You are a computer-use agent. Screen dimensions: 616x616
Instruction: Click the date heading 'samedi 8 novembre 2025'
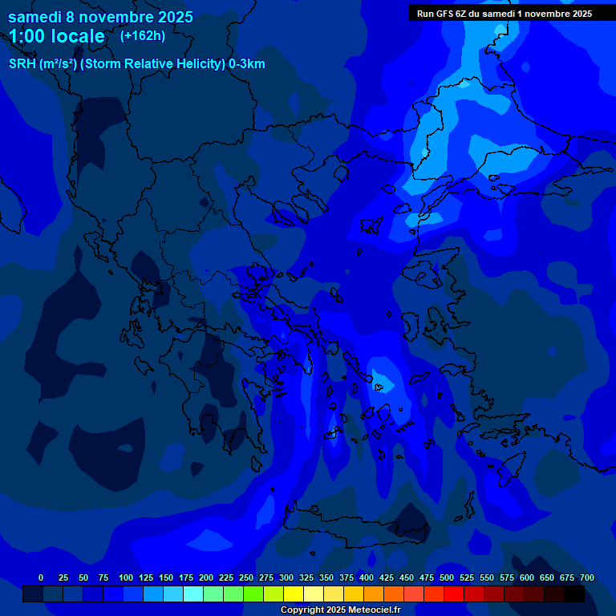pyautogui.click(x=100, y=16)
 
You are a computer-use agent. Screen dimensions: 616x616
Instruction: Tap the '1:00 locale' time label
pyautogui.click(x=57, y=36)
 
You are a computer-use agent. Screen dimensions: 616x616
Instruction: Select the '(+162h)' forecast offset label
pyautogui.click(x=142, y=35)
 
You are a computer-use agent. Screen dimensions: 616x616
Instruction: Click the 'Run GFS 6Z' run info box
pyautogui.click(x=504, y=14)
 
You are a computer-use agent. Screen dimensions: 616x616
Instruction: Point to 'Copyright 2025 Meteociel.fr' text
pyautogui.click(x=340, y=610)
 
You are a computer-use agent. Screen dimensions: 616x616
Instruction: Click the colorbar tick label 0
pyautogui.click(x=41, y=577)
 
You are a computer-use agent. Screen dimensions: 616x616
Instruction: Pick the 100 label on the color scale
pyautogui.click(x=126, y=577)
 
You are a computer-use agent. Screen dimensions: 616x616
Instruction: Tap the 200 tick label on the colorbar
pyautogui.click(x=206, y=577)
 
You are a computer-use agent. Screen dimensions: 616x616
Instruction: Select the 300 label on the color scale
pyautogui.click(x=286, y=577)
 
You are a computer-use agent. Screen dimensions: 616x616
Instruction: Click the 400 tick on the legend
pyautogui.click(x=367, y=577)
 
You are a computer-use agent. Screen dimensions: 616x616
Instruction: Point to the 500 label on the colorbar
pyautogui.click(x=447, y=577)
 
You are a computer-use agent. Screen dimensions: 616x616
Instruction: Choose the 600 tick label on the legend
pyautogui.click(x=527, y=577)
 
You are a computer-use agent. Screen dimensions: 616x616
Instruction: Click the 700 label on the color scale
pyautogui.click(x=587, y=577)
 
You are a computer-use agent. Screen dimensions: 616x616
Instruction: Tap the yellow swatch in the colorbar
pyautogui.click(x=294, y=594)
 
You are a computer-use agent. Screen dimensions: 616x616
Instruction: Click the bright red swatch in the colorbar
pyautogui.click(x=454, y=594)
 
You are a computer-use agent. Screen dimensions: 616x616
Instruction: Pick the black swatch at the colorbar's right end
pyautogui.click(x=574, y=594)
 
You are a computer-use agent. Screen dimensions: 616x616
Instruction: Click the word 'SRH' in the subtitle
pyautogui.click(x=22, y=64)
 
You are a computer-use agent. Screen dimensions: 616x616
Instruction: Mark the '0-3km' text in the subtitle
pyautogui.click(x=246, y=64)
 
